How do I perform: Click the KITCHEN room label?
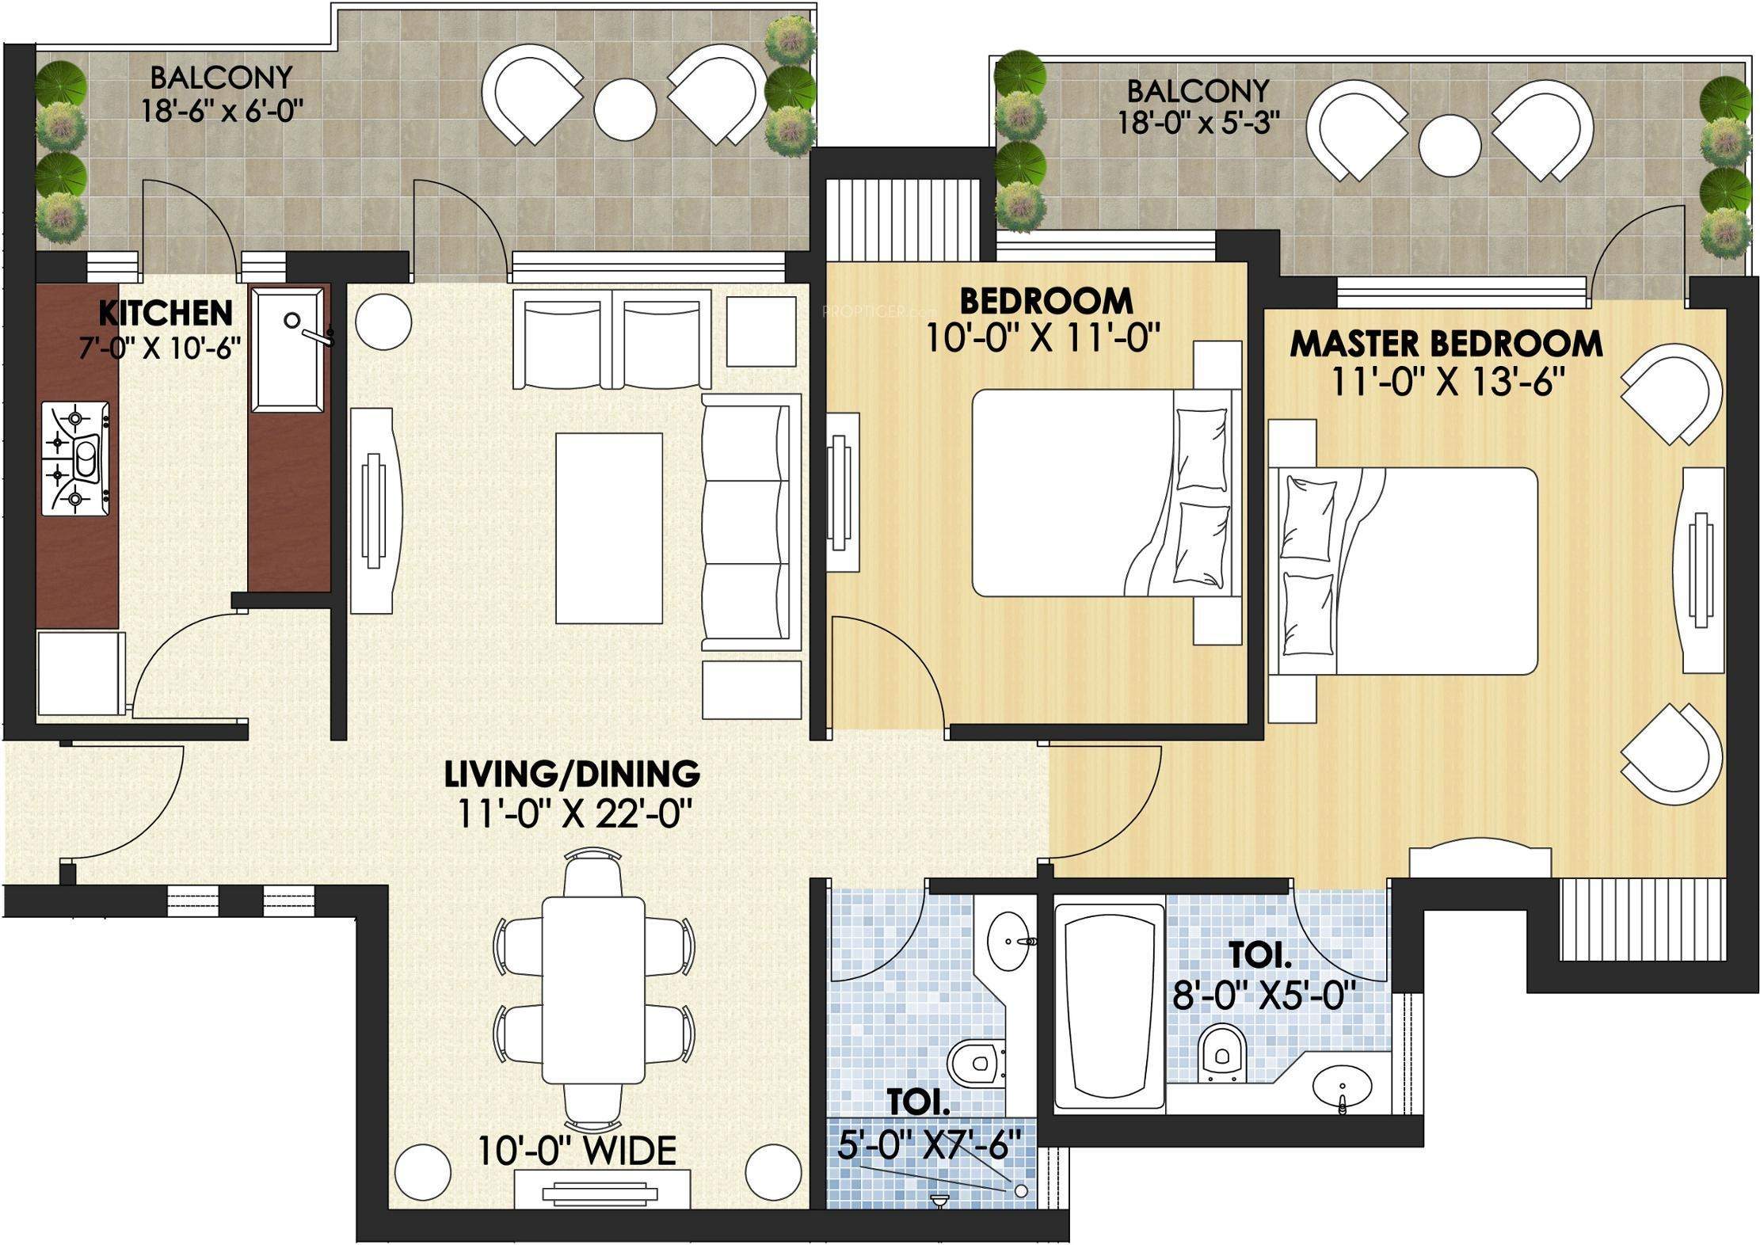[x=165, y=313]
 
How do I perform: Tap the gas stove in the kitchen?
[x=75, y=459]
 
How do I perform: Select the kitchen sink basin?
[x=288, y=349]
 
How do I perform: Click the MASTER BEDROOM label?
[x=1446, y=344]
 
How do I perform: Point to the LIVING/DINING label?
[x=572, y=773]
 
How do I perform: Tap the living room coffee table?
[x=608, y=528]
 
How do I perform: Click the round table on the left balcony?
[x=626, y=109]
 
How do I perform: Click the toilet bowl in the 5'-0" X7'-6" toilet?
[x=977, y=1064]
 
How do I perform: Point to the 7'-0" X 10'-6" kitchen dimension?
[x=160, y=348]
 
